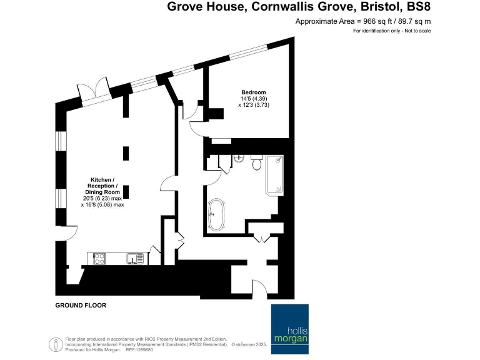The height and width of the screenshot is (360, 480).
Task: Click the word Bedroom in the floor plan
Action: pos(254,92)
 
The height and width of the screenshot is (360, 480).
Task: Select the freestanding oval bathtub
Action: pos(217,214)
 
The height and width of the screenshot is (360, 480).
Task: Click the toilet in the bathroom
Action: pos(256,163)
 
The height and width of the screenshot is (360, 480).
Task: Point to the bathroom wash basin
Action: pos(238,158)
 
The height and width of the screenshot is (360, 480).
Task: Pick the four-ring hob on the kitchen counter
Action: pos(100,257)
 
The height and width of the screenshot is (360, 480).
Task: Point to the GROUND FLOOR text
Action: pos(81,306)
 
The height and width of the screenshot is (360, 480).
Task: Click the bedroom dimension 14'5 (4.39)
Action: pos(254,99)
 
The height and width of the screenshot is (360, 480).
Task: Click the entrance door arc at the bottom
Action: pos(242,279)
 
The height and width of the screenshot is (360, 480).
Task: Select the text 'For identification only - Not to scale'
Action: pos(392,31)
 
